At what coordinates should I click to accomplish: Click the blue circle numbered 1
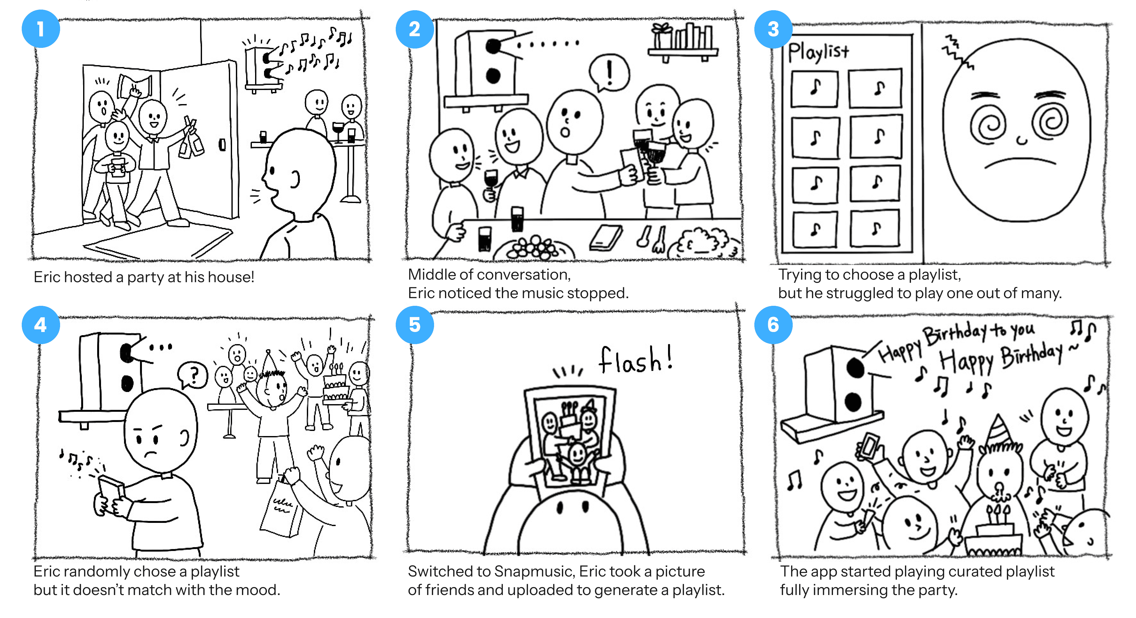(x=41, y=29)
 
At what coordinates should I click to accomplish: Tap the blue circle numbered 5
(x=415, y=325)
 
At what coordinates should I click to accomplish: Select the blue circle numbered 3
(x=773, y=29)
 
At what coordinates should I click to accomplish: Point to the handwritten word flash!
(x=635, y=359)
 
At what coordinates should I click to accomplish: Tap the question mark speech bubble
(x=192, y=375)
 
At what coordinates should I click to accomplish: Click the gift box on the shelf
(x=662, y=36)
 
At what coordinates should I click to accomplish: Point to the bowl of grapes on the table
(x=533, y=249)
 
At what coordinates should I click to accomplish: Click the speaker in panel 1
(x=264, y=68)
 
